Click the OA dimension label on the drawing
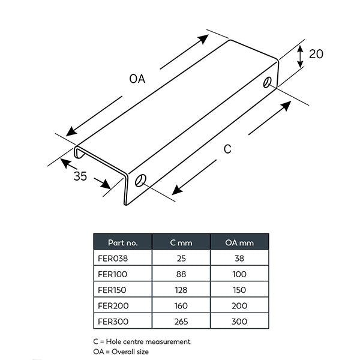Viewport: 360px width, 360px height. tap(137, 79)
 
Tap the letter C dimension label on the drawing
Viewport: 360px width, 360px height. tap(227, 149)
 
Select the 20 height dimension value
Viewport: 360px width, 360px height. tap(316, 54)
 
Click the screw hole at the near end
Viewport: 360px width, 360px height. tap(140, 180)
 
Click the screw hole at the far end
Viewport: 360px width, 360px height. tap(267, 81)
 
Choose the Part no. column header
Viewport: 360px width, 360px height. tap(122, 243)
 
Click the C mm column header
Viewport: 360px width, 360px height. tap(181, 243)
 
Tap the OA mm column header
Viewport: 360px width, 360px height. tap(239, 243)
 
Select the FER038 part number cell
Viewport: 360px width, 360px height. tap(113, 259)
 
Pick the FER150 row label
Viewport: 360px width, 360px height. tap(113, 290)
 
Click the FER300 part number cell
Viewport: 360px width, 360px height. tap(113, 321)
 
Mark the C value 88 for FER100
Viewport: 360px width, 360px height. tap(181, 274)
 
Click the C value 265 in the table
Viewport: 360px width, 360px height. tap(181, 321)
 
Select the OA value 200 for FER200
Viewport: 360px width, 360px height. tap(239, 305)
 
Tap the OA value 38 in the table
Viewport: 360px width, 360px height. tap(239, 259)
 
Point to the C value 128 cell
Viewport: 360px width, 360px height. tap(181, 290)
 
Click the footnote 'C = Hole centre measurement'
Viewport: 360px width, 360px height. tap(142, 341)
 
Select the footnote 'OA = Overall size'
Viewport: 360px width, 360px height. tap(121, 352)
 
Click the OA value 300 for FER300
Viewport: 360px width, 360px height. tap(239, 321)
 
